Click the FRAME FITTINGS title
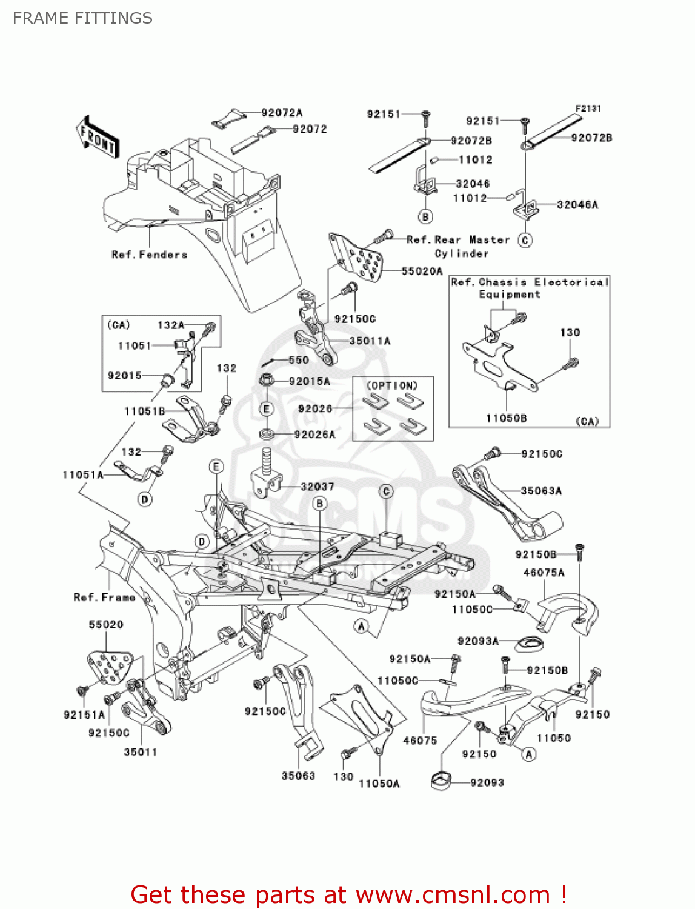pyautogui.click(x=82, y=18)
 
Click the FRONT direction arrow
pyautogui.click(x=98, y=138)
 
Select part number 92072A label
pyautogui.click(x=281, y=113)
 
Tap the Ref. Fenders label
pyautogui.click(x=149, y=255)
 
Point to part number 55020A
pyautogui.click(x=422, y=271)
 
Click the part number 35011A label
pyautogui.click(x=370, y=341)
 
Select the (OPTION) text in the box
pyautogui.click(x=392, y=385)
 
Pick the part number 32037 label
pyautogui.click(x=317, y=487)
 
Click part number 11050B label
pyautogui.click(x=506, y=418)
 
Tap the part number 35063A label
pyautogui.click(x=541, y=491)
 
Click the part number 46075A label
pyautogui.click(x=544, y=573)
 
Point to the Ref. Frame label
pyautogui.click(x=104, y=598)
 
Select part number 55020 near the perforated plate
pyautogui.click(x=106, y=625)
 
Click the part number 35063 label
pyautogui.click(x=298, y=776)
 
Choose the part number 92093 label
pyautogui.click(x=487, y=782)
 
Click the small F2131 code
pyautogui.click(x=588, y=108)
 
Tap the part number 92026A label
pyautogui.click(x=314, y=435)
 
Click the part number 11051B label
pyautogui.click(x=145, y=411)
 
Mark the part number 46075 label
pyautogui.click(x=420, y=740)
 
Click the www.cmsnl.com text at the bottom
pyautogui.click(x=453, y=894)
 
